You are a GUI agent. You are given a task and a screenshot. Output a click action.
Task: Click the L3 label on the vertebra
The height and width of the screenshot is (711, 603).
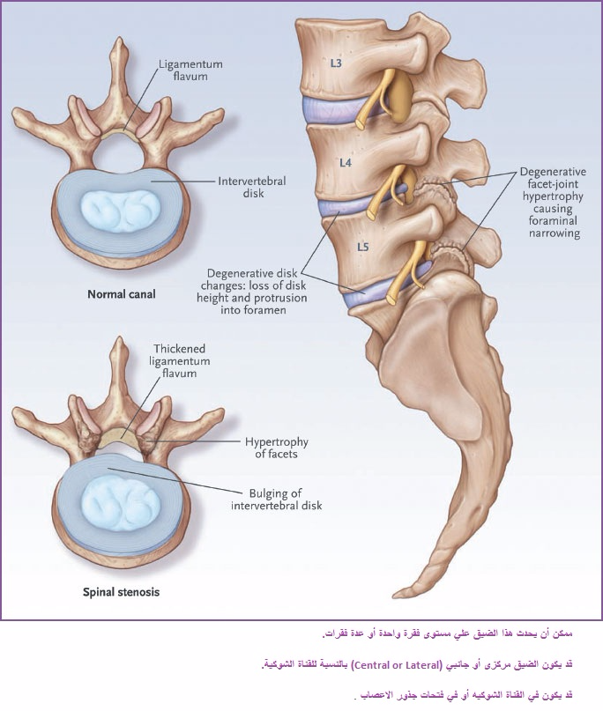click(335, 63)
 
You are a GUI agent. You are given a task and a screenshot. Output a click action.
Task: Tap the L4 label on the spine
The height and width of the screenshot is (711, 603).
click(346, 162)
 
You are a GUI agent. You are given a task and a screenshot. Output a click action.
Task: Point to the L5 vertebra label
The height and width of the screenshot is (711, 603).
click(362, 247)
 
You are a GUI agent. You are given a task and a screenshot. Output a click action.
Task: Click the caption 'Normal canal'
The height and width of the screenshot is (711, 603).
click(122, 294)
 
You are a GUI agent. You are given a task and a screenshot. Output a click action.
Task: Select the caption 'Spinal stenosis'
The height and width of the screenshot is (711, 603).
click(121, 592)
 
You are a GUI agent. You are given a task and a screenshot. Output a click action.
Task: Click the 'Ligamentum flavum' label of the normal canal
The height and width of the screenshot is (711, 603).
click(190, 70)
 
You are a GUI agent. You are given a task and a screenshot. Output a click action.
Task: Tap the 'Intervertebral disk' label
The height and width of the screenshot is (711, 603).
click(252, 187)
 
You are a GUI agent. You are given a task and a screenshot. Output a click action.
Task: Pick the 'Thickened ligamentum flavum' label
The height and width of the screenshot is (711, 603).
click(180, 361)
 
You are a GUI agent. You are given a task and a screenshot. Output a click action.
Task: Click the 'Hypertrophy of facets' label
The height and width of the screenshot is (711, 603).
click(276, 448)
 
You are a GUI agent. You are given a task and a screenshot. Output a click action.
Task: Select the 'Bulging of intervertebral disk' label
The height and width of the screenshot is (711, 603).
click(276, 500)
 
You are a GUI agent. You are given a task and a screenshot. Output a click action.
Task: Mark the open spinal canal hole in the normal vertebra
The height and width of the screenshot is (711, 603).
click(120, 153)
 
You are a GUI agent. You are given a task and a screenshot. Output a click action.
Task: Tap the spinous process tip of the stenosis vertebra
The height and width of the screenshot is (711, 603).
click(120, 339)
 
